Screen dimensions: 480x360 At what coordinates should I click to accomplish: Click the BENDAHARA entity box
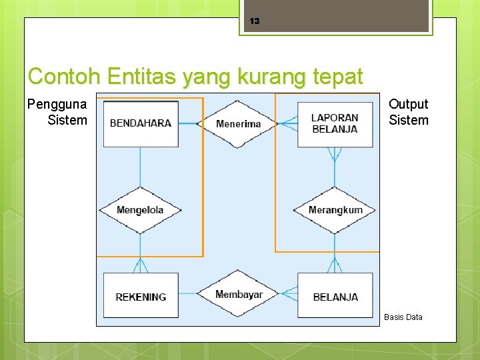point(141,123)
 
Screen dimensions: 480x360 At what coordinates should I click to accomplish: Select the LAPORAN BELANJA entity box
point(335,123)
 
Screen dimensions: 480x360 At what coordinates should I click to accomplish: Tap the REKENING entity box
point(141,296)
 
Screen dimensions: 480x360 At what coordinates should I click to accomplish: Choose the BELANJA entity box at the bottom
point(335,296)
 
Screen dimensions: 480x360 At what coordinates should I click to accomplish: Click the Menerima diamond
point(239,123)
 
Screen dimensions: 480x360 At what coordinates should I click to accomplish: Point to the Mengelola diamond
point(140,210)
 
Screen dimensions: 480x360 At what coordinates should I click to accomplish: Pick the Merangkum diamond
point(335,210)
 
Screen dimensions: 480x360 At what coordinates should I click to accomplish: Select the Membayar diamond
point(239,294)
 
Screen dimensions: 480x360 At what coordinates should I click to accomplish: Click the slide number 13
point(254,21)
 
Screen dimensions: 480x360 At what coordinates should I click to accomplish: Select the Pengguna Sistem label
point(57,112)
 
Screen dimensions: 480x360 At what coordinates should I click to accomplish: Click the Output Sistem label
point(408,112)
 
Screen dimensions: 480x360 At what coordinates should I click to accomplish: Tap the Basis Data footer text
point(403,317)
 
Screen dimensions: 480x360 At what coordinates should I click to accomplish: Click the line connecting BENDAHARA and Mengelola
point(140,167)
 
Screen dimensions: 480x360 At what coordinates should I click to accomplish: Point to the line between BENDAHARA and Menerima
point(190,123)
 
